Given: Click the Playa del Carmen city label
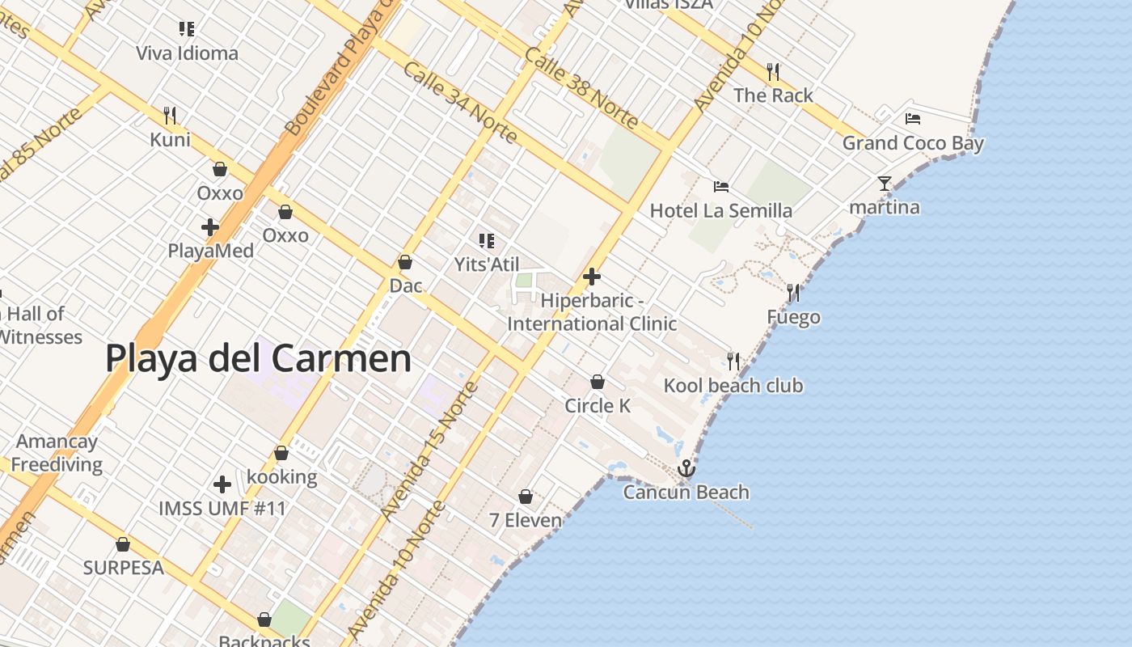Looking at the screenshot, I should point(258,358).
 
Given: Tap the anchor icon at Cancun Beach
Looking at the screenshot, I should point(686,468).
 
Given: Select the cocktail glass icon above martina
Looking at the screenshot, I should point(885,184).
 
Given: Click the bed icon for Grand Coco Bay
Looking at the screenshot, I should point(913,119).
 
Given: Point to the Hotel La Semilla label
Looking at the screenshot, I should point(721,211).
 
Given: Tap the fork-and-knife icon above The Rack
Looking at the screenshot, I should point(773,72).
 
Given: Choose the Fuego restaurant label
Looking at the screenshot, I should point(793,317).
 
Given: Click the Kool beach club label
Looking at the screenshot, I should point(733,386).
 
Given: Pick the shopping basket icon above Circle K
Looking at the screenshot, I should point(598,382).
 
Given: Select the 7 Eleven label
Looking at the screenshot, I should point(526,520).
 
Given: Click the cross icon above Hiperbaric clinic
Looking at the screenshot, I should point(592,277).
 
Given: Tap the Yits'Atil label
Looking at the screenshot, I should point(487,264).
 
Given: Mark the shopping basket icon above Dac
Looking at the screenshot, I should point(405,262).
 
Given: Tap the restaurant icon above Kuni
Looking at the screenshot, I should point(170,116).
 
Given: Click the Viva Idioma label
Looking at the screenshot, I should point(187,53).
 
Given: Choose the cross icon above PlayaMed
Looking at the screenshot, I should point(210,227).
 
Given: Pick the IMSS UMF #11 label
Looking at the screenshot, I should point(222,509).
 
